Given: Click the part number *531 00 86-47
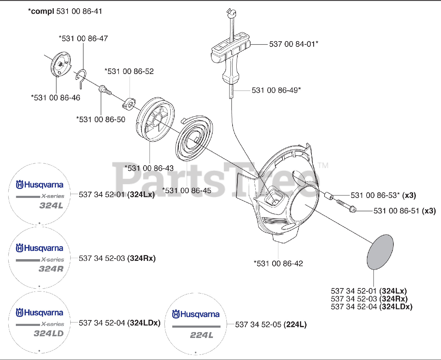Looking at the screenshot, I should (x=83, y=39).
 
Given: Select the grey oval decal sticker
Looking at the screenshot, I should (x=380, y=252).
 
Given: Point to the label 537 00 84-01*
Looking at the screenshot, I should (x=294, y=44).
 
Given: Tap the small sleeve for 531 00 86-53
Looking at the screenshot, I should (x=329, y=197).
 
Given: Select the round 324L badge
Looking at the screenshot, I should (x=39, y=194).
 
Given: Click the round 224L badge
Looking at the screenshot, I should (x=195, y=324).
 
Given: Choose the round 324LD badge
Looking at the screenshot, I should (x=39, y=322).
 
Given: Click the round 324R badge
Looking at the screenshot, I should (x=39, y=258).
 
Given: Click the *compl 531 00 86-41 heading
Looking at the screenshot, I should (x=65, y=11).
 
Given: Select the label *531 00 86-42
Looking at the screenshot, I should (x=278, y=264).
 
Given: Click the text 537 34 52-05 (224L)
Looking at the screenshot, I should (x=271, y=325).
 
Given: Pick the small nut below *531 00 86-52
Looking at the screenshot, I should (x=129, y=103).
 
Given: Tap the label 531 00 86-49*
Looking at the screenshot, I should (x=276, y=90).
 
